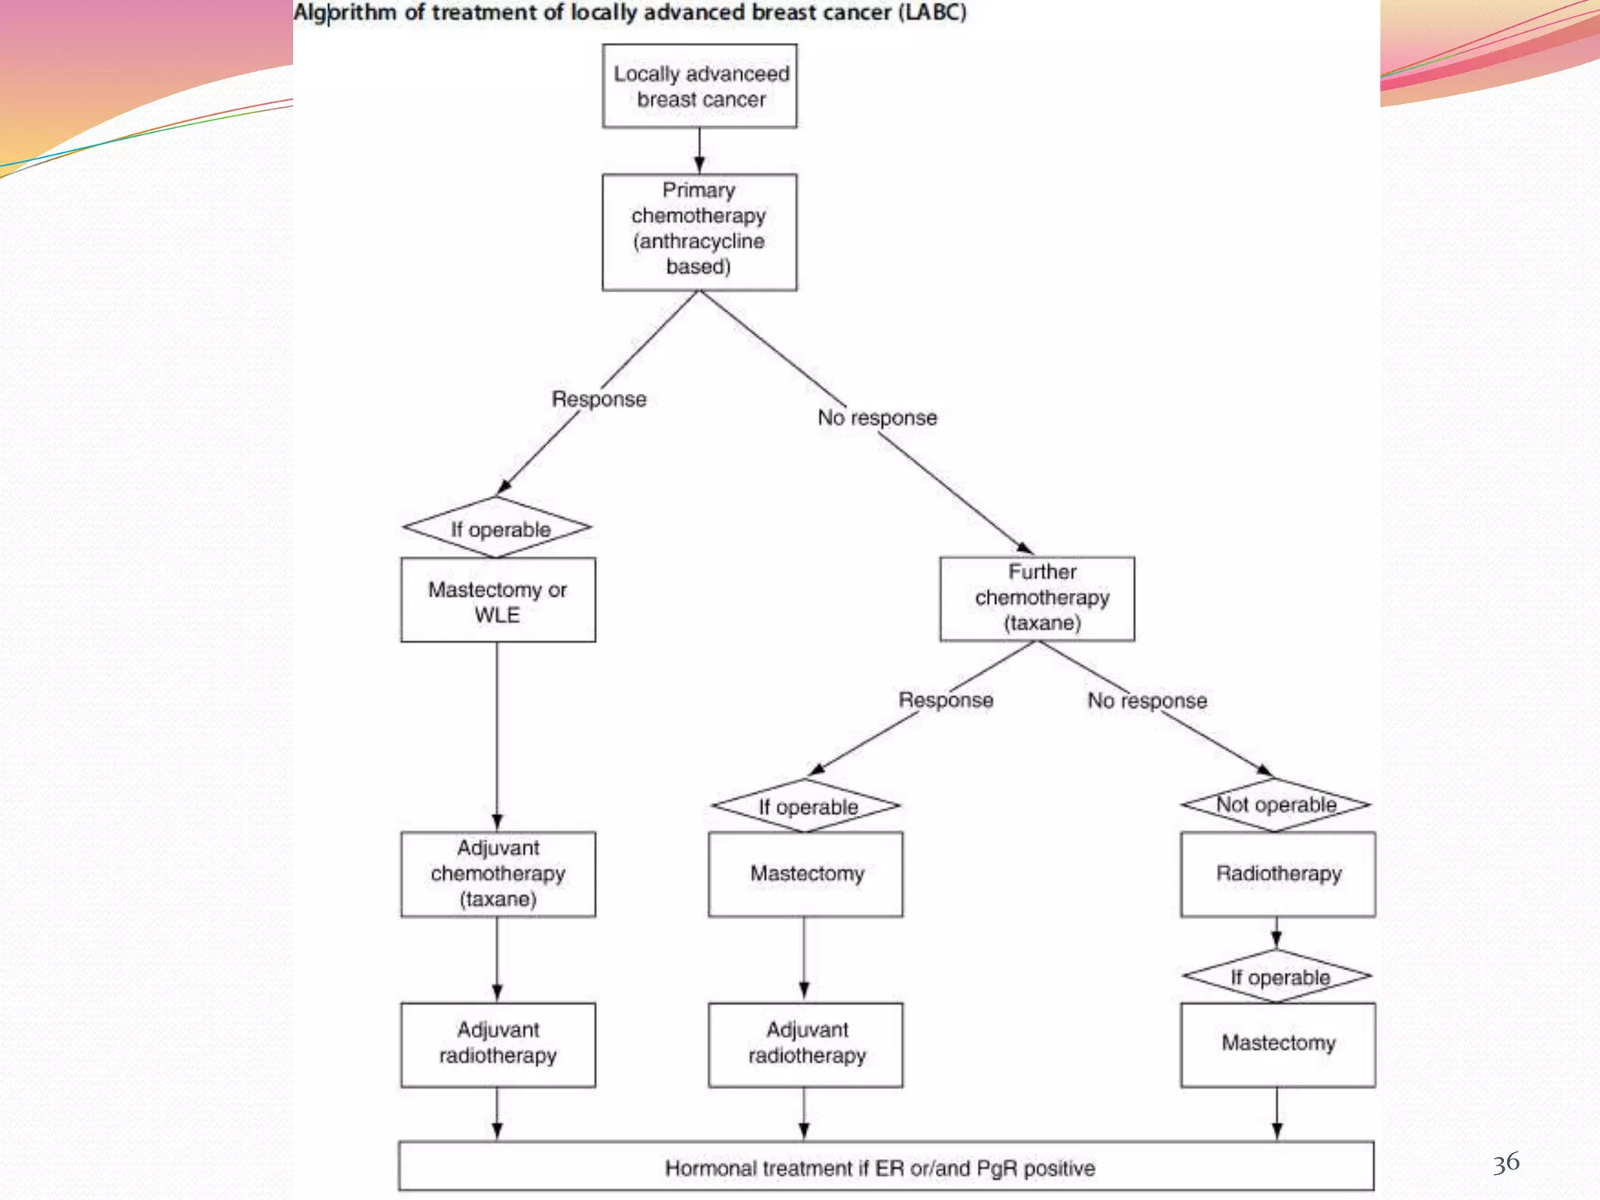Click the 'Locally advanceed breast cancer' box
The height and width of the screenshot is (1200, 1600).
point(700,86)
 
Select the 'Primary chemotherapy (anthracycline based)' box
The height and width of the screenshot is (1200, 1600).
point(699,232)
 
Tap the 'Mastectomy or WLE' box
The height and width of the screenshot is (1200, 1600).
point(498,600)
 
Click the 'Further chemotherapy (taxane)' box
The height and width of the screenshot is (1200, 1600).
point(1037,598)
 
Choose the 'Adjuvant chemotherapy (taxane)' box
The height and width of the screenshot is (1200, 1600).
point(498,873)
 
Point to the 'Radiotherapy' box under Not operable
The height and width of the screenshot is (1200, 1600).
point(1277,873)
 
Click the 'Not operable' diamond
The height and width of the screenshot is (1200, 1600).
point(1276,805)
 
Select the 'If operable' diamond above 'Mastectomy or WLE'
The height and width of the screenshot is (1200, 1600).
point(498,528)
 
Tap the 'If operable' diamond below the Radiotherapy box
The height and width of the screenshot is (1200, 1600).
point(1277,977)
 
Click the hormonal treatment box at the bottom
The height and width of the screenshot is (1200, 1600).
point(885,1167)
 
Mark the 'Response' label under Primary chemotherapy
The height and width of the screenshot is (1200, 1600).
point(599,399)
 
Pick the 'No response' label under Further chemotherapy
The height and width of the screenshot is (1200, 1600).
point(1147,701)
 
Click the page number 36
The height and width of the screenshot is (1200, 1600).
point(1505,1162)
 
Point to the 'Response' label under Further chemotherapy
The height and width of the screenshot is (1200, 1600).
point(945,700)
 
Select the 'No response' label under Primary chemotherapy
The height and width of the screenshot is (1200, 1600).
point(877,418)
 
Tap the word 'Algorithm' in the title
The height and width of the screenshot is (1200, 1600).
point(345,13)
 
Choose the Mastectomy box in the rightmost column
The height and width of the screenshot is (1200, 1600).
point(1277,1044)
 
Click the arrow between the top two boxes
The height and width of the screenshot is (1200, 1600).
point(699,151)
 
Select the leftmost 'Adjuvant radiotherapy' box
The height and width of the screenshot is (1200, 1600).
point(498,1044)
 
